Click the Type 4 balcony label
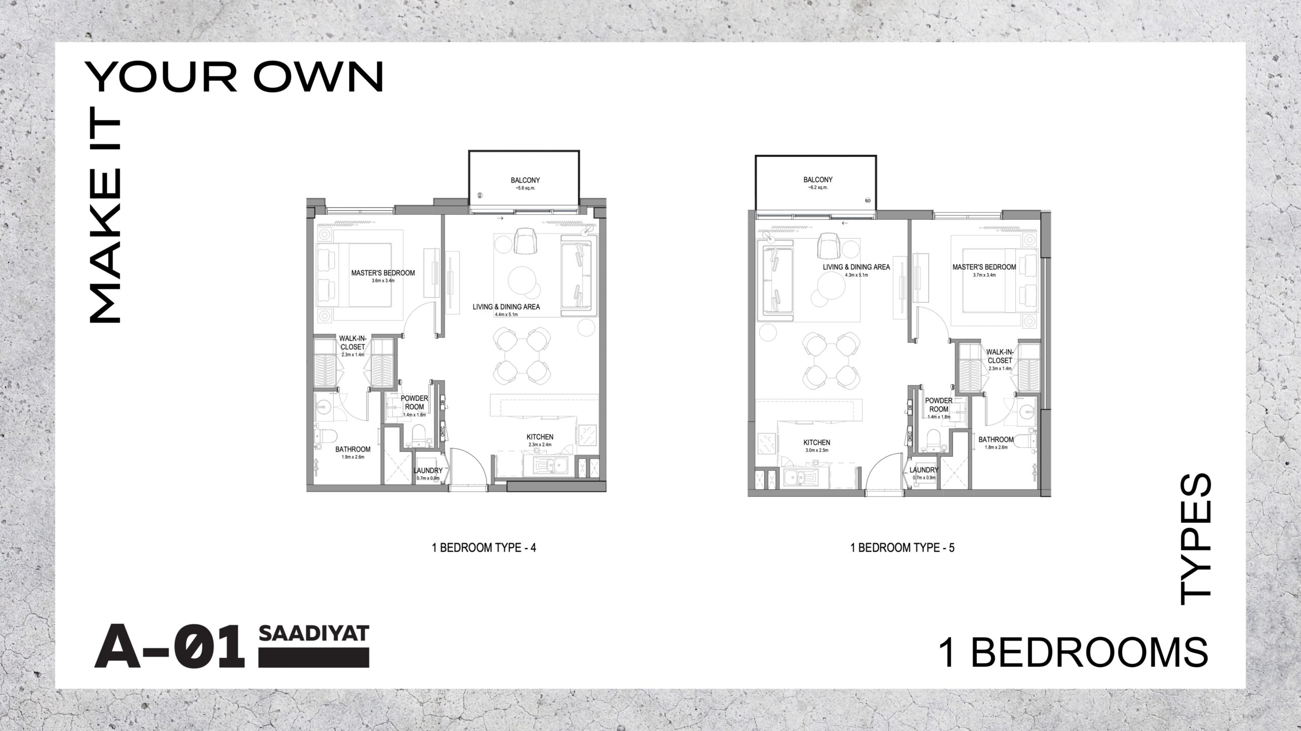tap(525, 180)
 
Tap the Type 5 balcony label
tap(818, 180)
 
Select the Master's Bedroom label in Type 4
tap(383, 273)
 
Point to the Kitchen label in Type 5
tap(817, 442)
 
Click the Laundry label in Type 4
tap(427, 470)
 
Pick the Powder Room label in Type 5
tap(938, 405)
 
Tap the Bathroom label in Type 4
tap(352, 449)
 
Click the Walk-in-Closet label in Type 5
tap(1000, 356)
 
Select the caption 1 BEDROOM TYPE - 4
tap(483, 548)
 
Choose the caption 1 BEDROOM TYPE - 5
tap(902, 548)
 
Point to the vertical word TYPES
tap(1195, 539)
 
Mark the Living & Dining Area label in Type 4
tap(506, 307)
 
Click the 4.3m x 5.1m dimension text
tap(856, 275)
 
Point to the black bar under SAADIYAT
tap(314, 656)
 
